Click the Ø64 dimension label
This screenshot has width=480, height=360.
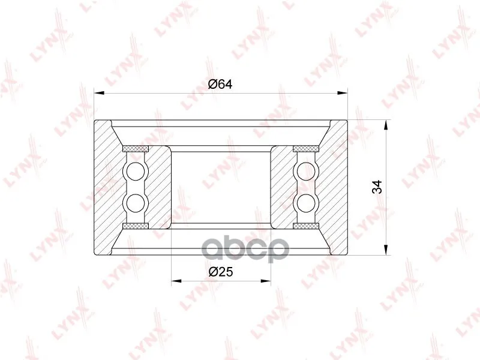coord(220,84)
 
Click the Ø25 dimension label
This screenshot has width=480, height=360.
coord(221,271)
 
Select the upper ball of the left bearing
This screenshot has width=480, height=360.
coord(136,172)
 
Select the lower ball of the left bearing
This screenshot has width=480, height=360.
coord(136,203)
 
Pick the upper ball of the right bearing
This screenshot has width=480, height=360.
coord(306,172)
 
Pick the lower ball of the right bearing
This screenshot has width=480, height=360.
coord(306,203)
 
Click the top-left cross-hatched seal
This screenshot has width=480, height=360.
coord(136,149)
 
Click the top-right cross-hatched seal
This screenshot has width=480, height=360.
coord(306,149)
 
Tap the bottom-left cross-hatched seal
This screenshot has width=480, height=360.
coord(136,226)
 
